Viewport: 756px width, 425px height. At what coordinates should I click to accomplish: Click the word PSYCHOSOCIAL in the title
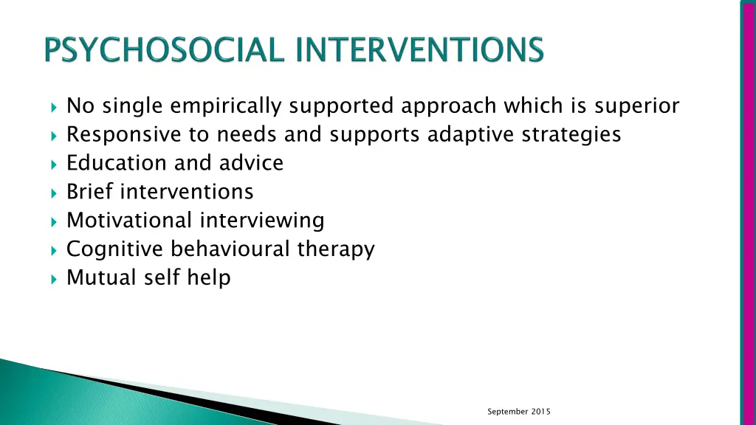click(x=163, y=52)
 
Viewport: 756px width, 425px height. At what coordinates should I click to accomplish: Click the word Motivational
click(x=128, y=220)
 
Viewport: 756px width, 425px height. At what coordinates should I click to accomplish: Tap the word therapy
click(x=336, y=249)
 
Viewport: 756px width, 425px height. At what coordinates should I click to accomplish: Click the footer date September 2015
click(x=519, y=411)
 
